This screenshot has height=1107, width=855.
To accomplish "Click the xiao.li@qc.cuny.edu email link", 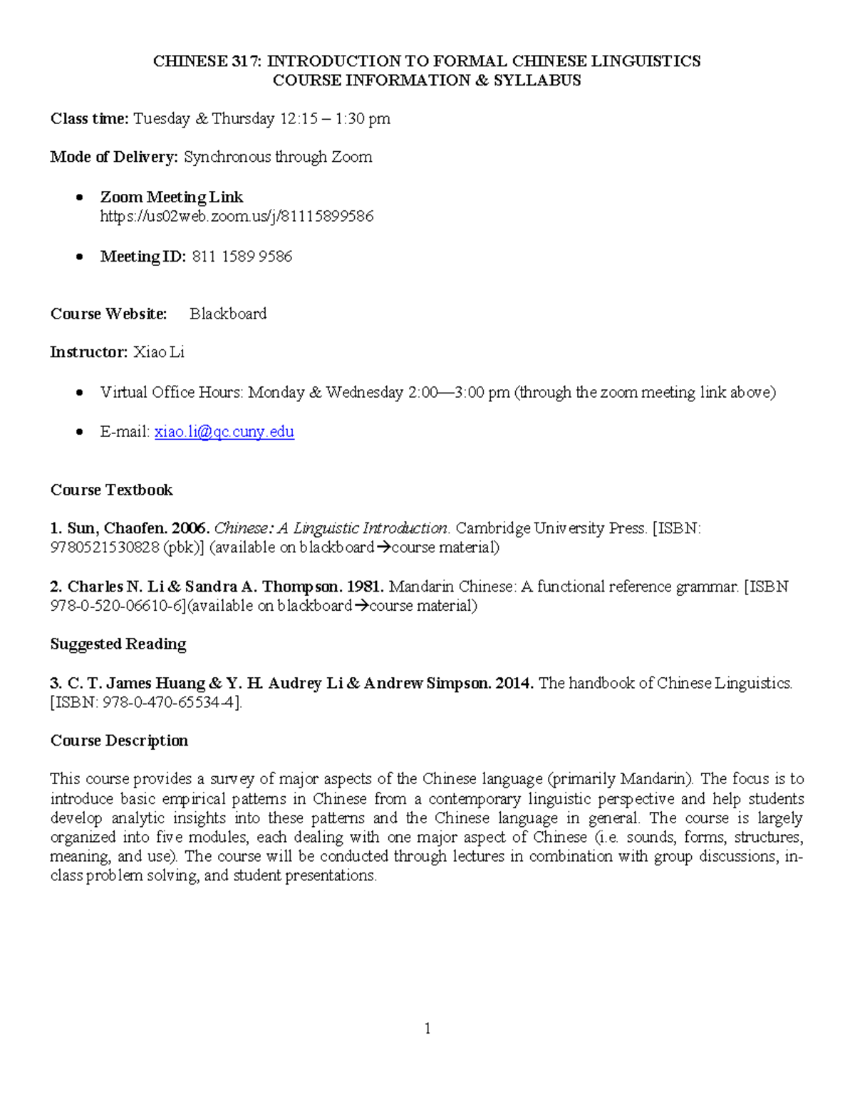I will [224, 431].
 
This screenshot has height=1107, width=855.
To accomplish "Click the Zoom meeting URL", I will [237, 216].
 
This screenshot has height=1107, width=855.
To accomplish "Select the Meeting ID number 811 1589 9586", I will [242, 257].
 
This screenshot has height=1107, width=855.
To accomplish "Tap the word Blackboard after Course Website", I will [228, 314].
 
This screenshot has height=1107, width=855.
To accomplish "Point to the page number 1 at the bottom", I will [427, 1028].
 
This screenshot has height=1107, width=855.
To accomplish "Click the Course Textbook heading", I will [111, 490].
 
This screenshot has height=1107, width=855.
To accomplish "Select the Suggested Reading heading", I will [118, 644].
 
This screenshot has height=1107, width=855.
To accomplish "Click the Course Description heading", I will [119, 741].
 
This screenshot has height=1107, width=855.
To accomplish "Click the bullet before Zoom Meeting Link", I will [81, 197].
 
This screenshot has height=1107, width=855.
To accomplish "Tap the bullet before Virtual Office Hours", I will [81, 393].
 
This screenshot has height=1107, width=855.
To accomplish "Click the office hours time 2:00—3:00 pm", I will [459, 392].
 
